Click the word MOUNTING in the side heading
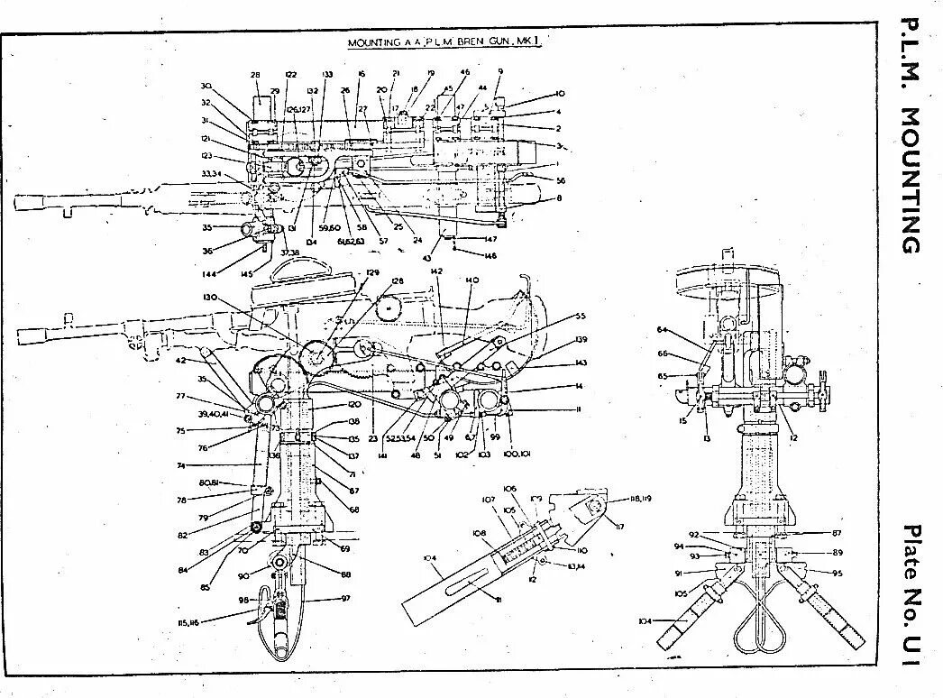pos(911,181)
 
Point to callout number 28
pos(255,75)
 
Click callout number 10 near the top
pos(560,94)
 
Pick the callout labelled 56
pos(561,179)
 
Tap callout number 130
pos(211,297)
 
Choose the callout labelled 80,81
pos(211,482)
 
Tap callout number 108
pos(480,532)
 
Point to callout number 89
pos(838,551)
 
